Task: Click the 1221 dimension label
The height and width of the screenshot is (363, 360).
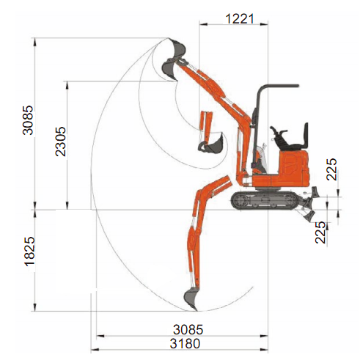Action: pos(240,19)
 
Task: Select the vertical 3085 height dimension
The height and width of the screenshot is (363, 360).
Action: pos(28,120)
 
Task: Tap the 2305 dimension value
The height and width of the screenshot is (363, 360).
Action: pos(61,142)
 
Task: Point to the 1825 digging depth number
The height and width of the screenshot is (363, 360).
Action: pos(30,251)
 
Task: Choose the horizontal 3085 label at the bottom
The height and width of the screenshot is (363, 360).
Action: pos(188,329)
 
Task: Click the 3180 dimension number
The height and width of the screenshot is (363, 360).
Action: pos(185,344)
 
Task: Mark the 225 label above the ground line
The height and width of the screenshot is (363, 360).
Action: pos(331,169)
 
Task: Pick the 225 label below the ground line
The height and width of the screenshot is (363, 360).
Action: pos(320,232)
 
